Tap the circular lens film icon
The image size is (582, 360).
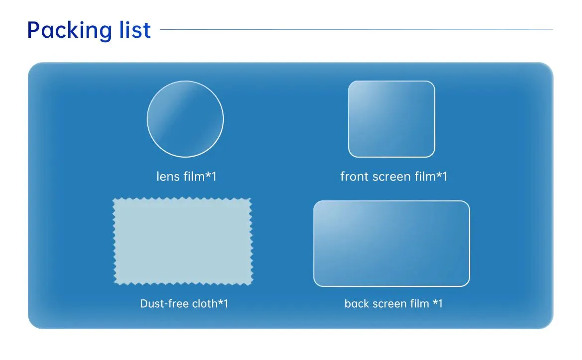click(185, 119)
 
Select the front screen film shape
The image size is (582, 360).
click(391, 119)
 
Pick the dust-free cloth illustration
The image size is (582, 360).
click(183, 241)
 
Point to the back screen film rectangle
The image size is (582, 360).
click(391, 244)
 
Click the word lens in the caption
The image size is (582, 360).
click(167, 177)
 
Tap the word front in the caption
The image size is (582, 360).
click(354, 177)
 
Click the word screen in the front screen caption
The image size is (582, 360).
click(388, 177)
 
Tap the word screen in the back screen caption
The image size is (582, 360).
click(388, 303)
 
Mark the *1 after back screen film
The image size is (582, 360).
click(437, 303)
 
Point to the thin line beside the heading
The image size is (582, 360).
click(356, 29)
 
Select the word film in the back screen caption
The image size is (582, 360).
click(418, 303)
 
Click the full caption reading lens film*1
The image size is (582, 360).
click(186, 177)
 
